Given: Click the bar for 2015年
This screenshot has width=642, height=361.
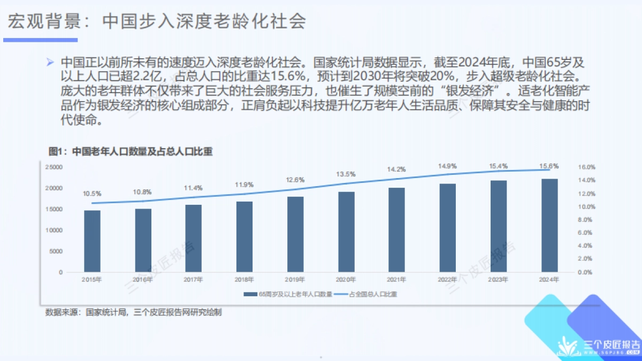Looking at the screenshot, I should click(x=92, y=241).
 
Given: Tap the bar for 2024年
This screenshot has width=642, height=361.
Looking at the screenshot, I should click(x=549, y=225).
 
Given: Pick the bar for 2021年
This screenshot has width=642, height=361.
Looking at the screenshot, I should click(x=397, y=230).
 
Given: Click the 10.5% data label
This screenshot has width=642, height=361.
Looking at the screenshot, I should click(x=92, y=194).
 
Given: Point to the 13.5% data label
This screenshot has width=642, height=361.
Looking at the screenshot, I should click(x=346, y=174).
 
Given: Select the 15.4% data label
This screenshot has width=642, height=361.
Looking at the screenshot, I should click(x=499, y=167).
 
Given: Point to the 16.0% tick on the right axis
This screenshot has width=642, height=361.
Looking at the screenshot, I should click(x=587, y=167).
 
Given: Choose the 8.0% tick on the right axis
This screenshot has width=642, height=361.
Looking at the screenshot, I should click(x=587, y=220).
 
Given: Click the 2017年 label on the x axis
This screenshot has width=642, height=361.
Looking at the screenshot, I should click(x=194, y=280).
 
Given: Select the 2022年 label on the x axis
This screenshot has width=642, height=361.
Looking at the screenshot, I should click(x=448, y=280).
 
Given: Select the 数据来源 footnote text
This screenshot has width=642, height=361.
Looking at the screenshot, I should click(x=134, y=312).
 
